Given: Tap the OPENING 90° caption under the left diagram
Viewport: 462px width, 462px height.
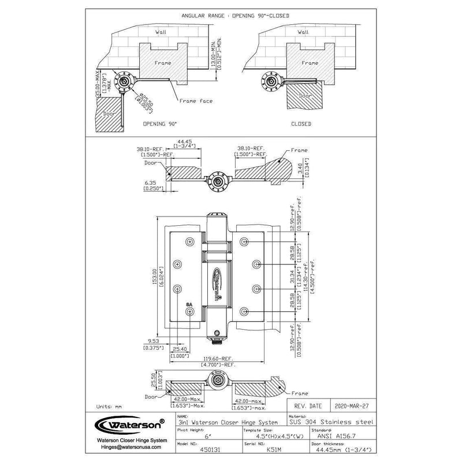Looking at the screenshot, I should (x=159, y=124).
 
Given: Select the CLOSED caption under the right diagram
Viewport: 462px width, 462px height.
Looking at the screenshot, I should (x=301, y=124).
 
